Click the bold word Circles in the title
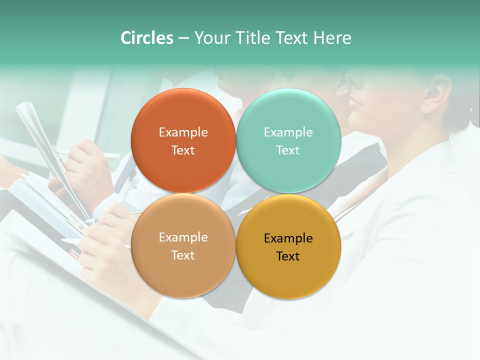(146, 38)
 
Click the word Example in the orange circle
(183, 132)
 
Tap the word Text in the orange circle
(183, 150)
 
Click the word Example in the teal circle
(288, 132)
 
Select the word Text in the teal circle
(288, 150)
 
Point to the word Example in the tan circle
(183, 237)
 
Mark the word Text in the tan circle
(183, 255)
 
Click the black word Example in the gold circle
(288, 238)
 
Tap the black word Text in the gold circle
(288, 256)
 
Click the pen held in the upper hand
(100, 154)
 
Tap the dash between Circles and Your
(183, 38)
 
